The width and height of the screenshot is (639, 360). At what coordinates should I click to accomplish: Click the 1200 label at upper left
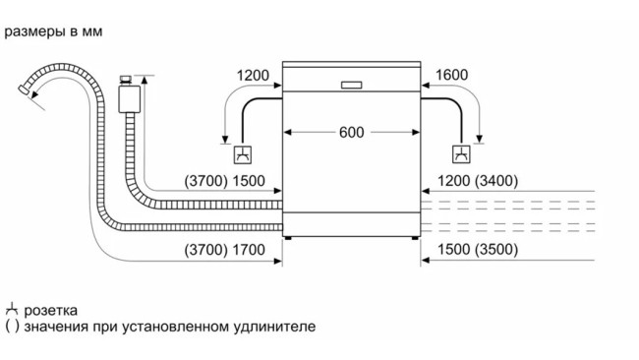(254, 76)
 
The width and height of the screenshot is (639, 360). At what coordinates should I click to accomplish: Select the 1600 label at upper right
(451, 76)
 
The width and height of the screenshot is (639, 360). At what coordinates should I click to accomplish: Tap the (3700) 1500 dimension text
(224, 182)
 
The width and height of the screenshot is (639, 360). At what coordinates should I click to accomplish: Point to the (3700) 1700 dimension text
(224, 251)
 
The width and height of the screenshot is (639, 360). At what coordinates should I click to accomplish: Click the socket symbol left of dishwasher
(242, 154)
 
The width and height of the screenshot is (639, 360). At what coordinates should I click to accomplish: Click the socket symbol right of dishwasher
(461, 154)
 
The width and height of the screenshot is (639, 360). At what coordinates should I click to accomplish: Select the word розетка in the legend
(51, 309)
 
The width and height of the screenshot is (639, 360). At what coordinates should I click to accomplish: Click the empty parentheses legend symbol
(11, 326)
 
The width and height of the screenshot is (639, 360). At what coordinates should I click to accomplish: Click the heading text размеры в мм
(54, 31)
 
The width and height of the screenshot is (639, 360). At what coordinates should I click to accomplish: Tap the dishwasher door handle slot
(352, 83)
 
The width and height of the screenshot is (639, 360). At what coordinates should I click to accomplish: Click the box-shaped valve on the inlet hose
(125, 96)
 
